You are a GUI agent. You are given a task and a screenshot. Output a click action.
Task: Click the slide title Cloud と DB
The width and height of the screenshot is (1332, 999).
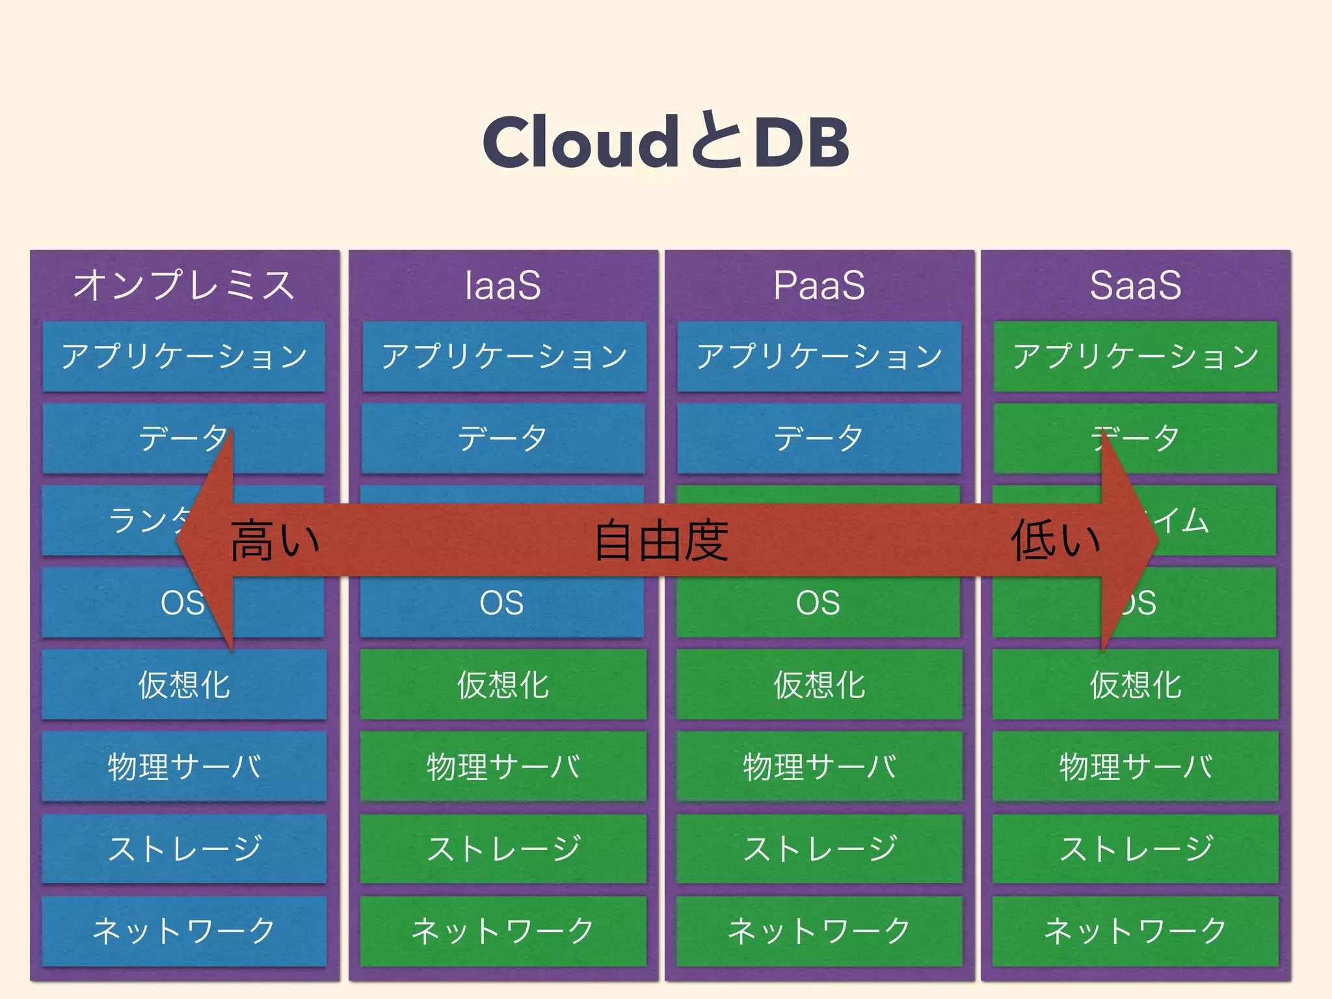(665, 141)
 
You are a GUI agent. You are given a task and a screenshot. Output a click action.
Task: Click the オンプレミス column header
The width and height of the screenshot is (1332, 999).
(184, 285)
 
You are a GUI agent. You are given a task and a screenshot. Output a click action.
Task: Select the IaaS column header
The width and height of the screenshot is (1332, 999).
(503, 285)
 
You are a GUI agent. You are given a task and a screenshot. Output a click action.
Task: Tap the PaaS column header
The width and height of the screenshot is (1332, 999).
(819, 285)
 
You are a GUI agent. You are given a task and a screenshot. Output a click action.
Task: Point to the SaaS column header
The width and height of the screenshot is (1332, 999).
(1135, 285)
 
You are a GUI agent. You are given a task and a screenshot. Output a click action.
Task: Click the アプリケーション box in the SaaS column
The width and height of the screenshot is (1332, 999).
(1135, 356)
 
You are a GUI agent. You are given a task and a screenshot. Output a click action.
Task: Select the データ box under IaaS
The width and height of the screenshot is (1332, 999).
(503, 438)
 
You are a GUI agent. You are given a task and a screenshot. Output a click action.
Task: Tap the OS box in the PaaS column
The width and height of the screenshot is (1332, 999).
(818, 604)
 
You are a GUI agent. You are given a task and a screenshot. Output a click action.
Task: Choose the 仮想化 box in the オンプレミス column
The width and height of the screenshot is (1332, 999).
(184, 685)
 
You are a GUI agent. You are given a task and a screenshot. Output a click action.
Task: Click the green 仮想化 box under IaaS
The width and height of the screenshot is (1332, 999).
(503, 685)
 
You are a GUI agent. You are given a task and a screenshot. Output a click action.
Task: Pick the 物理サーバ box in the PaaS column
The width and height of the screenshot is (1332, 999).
(819, 767)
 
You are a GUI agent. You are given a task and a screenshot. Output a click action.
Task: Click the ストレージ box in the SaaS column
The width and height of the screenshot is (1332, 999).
(1135, 849)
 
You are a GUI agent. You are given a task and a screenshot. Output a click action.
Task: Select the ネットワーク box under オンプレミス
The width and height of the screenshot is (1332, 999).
(184, 931)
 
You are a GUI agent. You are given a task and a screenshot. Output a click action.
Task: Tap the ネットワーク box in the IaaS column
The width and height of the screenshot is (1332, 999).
(503, 931)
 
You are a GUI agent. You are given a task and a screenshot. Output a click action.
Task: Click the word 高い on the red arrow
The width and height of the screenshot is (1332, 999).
(275, 540)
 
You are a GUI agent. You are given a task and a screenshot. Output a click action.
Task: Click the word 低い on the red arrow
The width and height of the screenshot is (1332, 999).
(1055, 540)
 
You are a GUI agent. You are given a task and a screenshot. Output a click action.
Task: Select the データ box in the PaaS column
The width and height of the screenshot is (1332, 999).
(819, 438)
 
